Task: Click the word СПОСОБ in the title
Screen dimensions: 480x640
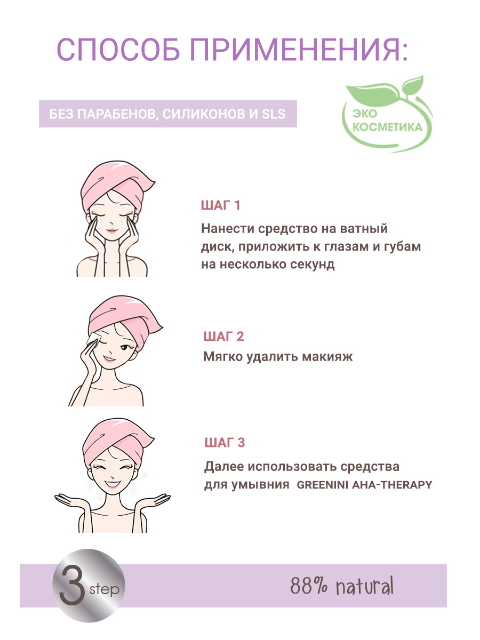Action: pyautogui.click(x=118, y=50)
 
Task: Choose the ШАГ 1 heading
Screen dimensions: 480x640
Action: pyautogui.click(x=220, y=205)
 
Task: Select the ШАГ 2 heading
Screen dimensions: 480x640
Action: pyautogui.click(x=223, y=337)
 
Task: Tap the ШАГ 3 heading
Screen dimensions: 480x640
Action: pyautogui.click(x=225, y=443)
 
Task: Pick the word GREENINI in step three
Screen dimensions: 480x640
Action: pyautogui.click(x=323, y=485)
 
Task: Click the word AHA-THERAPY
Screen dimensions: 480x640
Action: pyautogui.click(x=392, y=485)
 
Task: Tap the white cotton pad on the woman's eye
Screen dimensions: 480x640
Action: pyautogui.click(x=93, y=338)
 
